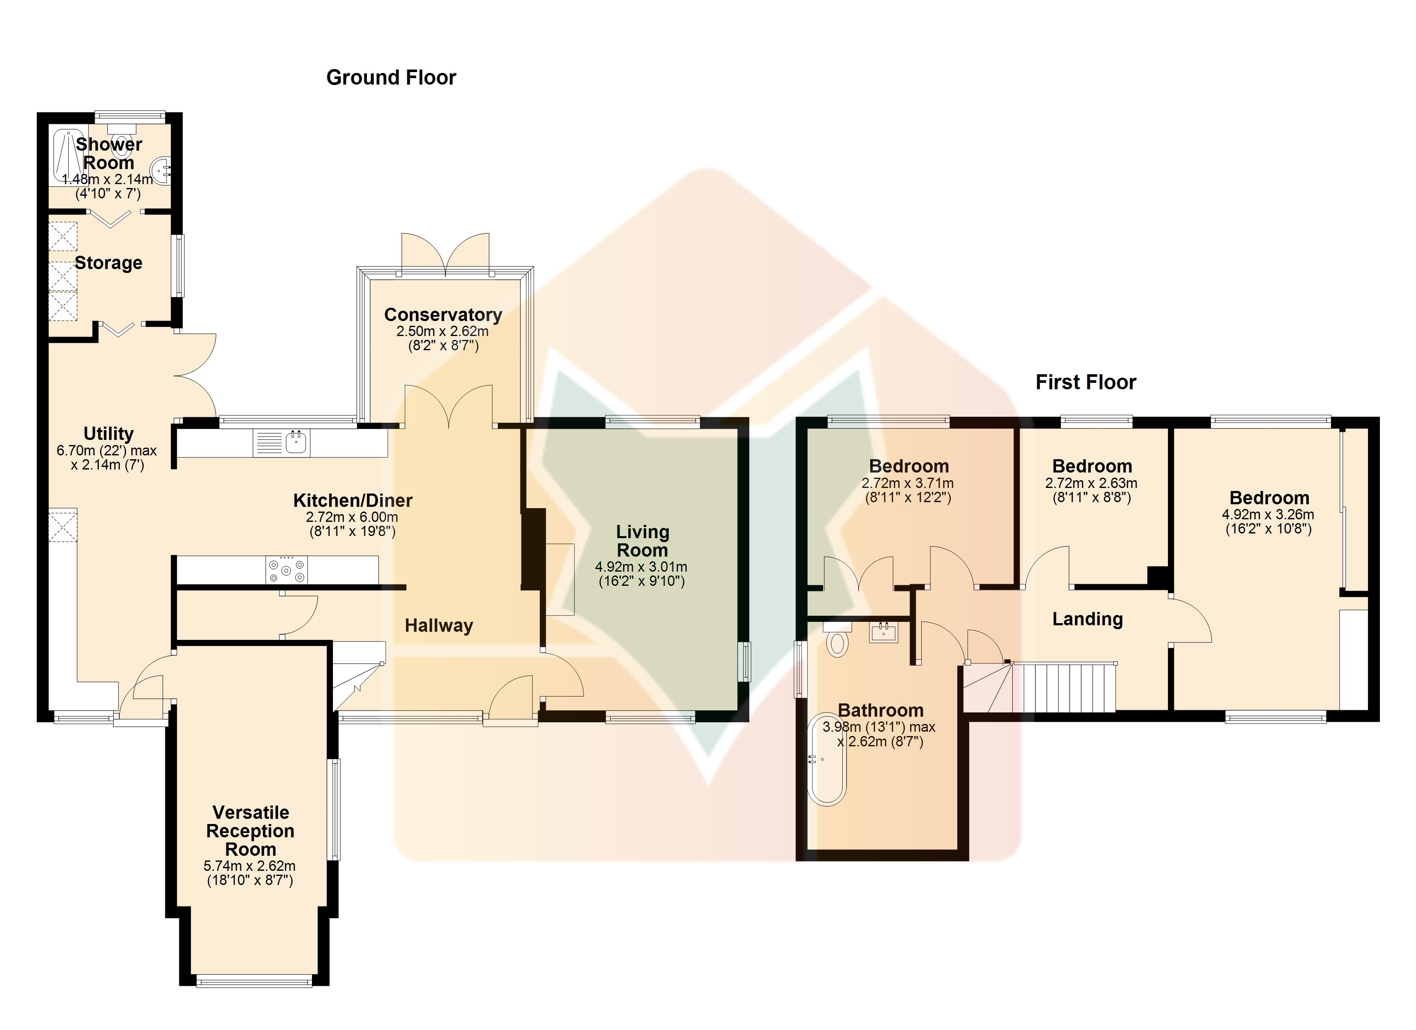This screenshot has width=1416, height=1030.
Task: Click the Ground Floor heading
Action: point(391,77)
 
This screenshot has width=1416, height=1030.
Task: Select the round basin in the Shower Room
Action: point(161,169)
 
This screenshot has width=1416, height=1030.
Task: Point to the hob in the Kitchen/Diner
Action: point(287,570)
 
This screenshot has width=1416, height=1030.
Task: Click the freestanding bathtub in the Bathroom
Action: point(826,760)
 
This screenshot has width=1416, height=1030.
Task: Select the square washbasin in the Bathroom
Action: point(883,632)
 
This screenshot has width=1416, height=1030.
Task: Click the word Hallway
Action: point(439,625)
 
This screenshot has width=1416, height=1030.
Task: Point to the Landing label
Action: point(1088,619)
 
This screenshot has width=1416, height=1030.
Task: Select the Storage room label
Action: point(109,263)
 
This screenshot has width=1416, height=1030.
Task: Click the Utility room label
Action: point(109,433)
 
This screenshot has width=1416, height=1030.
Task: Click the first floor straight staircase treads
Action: point(1069,688)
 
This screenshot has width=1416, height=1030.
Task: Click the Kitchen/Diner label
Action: point(353,500)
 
